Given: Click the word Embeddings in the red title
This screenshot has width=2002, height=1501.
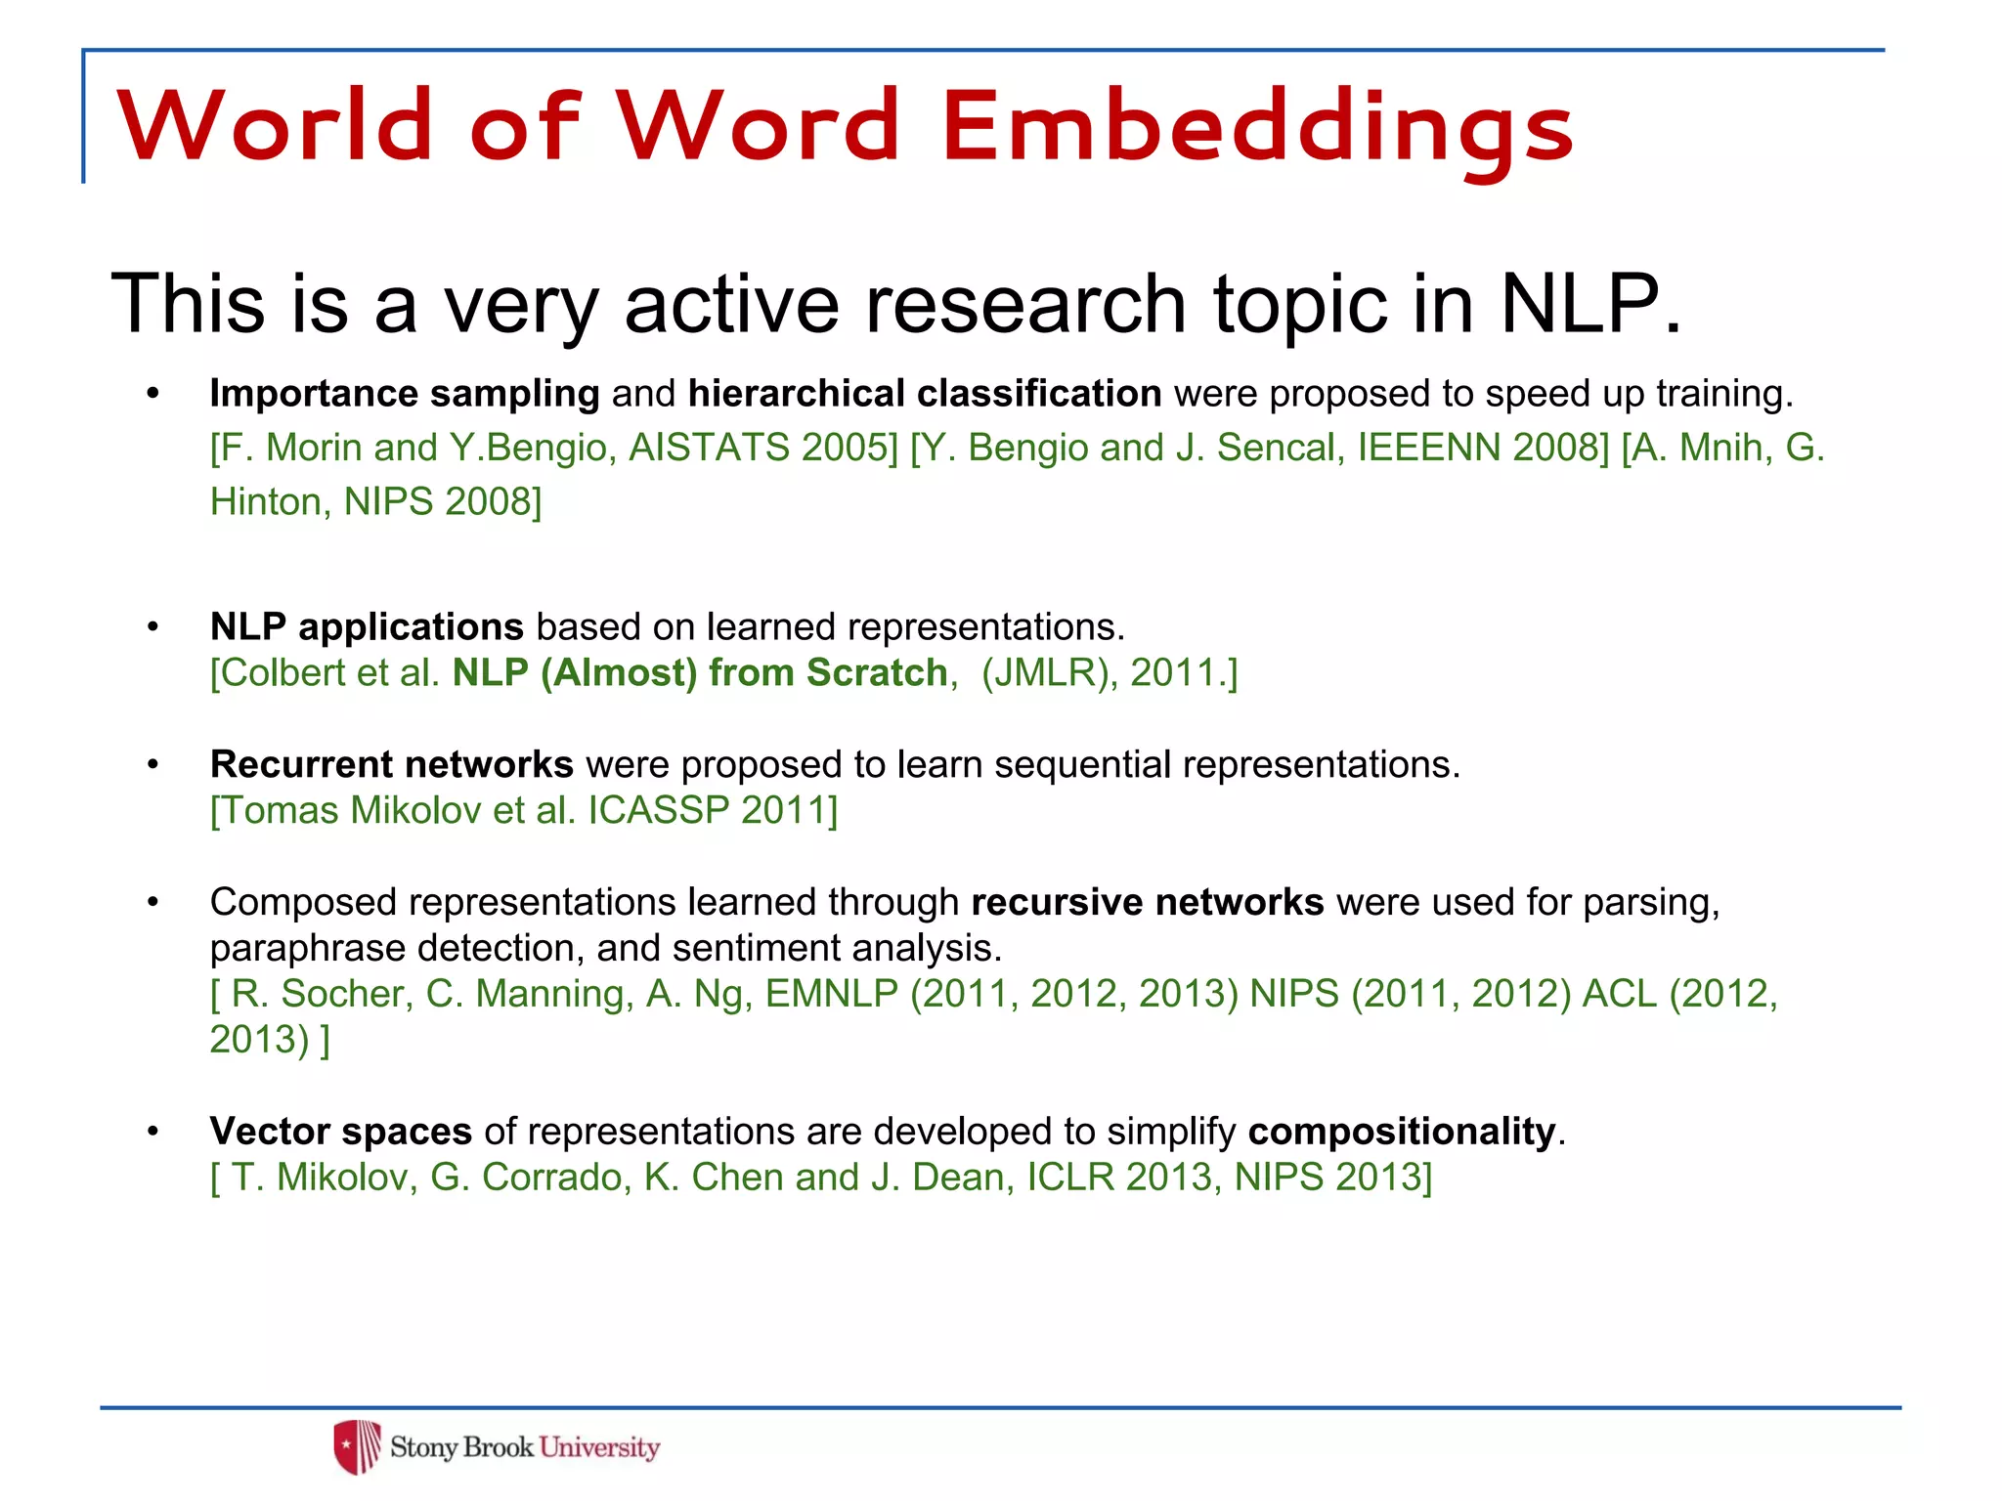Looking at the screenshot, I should pyautogui.click(x=1257, y=127).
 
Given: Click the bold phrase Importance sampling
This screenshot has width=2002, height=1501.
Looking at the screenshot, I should pyautogui.click(x=405, y=394).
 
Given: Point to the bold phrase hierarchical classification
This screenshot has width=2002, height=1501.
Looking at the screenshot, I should pyautogui.click(x=925, y=394).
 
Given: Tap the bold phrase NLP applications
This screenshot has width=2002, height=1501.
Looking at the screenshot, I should pyautogui.click(x=367, y=626).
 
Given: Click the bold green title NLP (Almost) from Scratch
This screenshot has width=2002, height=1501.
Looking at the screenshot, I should pyautogui.click(x=700, y=672).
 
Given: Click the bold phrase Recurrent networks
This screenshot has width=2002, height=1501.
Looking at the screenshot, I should pyautogui.click(x=391, y=764).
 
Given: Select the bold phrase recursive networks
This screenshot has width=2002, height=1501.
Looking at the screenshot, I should pyautogui.click(x=1147, y=902).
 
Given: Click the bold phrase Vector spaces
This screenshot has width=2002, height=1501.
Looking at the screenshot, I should pyautogui.click(x=340, y=1132).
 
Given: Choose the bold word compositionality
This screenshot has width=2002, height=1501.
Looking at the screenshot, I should pyautogui.click(x=1401, y=1132).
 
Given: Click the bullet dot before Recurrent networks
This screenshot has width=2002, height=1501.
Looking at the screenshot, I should pyautogui.click(x=152, y=764).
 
